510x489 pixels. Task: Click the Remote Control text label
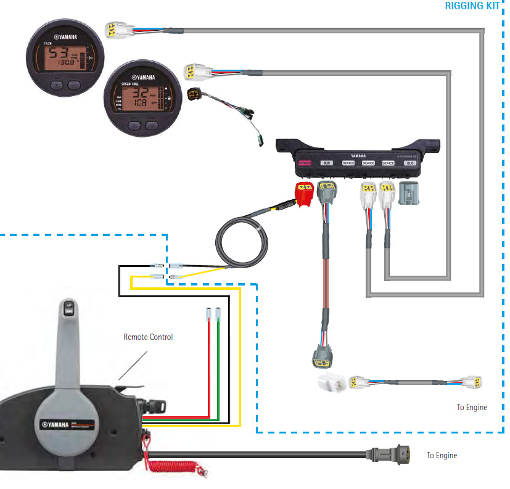(x=148, y=337)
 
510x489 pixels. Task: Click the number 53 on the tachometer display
(x=60, y=54)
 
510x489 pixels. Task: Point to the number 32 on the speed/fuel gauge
(x=141, y=94)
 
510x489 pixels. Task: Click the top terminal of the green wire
(x=218, y=313)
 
